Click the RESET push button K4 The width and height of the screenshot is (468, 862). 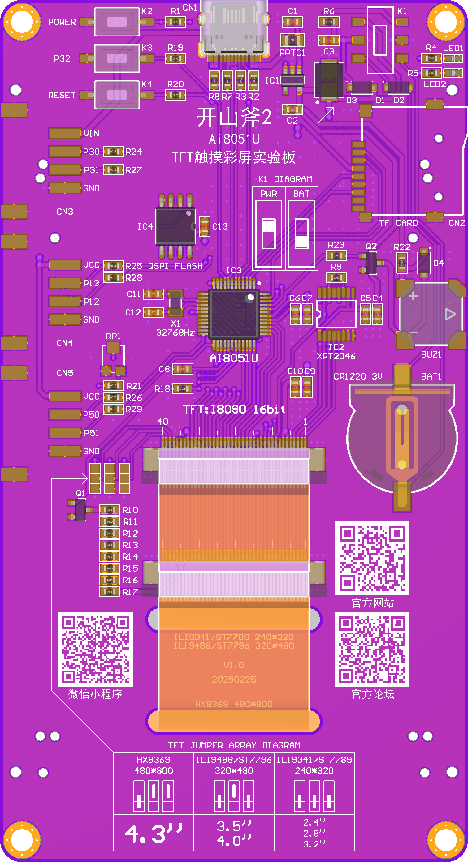pos(117,95)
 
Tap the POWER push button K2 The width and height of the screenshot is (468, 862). pos(117,22)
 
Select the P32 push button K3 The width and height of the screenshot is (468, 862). pos(117,58)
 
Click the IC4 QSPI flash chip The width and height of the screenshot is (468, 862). pos(175,226)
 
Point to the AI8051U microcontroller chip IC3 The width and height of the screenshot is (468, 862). pos(234,314)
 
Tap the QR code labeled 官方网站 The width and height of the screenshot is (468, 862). pos(372,558)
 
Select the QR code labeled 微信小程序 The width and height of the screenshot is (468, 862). pos(95,649)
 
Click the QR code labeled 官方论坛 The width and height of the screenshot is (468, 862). pos(372,649)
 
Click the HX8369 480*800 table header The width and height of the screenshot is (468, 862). pos(154,765)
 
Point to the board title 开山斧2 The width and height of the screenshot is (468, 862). pos(234,117)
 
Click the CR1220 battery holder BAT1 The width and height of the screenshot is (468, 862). pos(402,438)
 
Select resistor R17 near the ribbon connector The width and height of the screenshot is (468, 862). pos(110,592)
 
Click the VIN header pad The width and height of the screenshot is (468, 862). pos(65,133)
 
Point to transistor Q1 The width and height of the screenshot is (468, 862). pos(80,510)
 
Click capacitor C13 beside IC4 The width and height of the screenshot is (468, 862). pos(205,226)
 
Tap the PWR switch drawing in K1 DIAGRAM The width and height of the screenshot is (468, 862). pos(268,233)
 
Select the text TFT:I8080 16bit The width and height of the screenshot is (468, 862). pos(234,409)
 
